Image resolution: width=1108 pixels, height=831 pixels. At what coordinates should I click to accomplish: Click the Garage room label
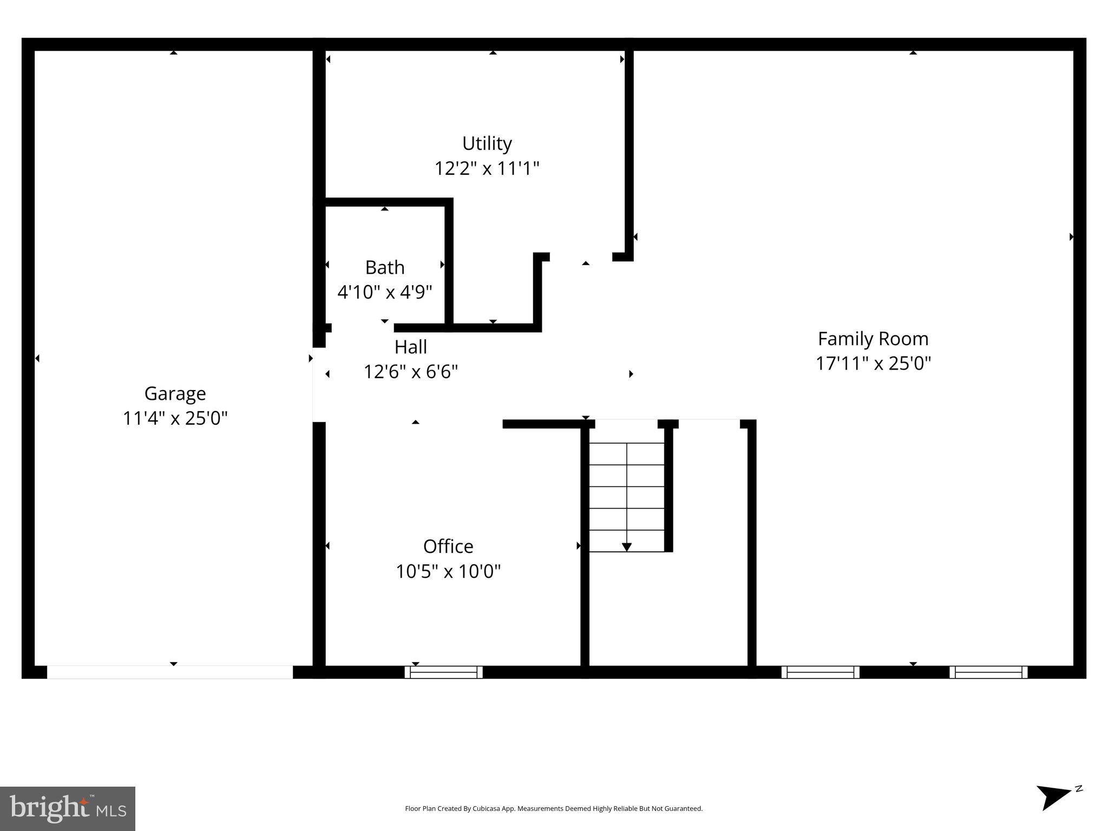[x=175, y=393]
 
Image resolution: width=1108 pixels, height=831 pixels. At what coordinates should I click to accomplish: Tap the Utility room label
[x=487, y=143]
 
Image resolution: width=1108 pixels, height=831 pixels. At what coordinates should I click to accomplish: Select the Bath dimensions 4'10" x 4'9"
[x=384, y=292]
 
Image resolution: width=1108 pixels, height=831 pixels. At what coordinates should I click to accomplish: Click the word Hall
[x=410, y=347]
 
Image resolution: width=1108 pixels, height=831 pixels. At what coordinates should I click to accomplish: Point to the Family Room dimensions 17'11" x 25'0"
[x=873, y=363]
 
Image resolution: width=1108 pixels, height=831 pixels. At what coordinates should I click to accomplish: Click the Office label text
[x=448, y=546]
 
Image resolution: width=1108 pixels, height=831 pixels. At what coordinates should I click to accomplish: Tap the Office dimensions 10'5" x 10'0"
[x=448, y=571]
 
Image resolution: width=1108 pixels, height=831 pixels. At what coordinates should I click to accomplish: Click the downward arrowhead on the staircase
[x=626, y=547]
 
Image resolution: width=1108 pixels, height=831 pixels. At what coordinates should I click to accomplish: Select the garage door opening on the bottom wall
[x=170, y=672]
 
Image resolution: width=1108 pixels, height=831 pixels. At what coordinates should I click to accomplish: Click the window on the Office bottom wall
[x=443, y=672]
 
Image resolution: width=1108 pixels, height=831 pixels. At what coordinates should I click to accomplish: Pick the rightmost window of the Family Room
[x=988, y=672]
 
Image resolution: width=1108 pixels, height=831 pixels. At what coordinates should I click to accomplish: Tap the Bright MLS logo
[x=68, y=808]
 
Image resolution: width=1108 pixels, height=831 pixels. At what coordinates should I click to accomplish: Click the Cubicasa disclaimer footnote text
[x=553, y=809]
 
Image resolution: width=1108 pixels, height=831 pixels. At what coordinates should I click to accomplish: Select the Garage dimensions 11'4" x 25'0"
[x=175, y=418]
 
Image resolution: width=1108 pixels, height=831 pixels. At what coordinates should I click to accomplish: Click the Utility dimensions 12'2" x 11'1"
[x=487, y=168]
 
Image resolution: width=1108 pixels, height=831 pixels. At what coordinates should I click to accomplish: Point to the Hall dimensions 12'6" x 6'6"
[x=410, y=372]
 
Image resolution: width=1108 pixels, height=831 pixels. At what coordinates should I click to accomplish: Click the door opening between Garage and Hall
[x=319, y=385]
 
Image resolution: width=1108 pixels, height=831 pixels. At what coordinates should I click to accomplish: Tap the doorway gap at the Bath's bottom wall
[x=363, y=327]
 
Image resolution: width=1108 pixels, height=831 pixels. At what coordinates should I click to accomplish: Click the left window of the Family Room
[x=820, y=672]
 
